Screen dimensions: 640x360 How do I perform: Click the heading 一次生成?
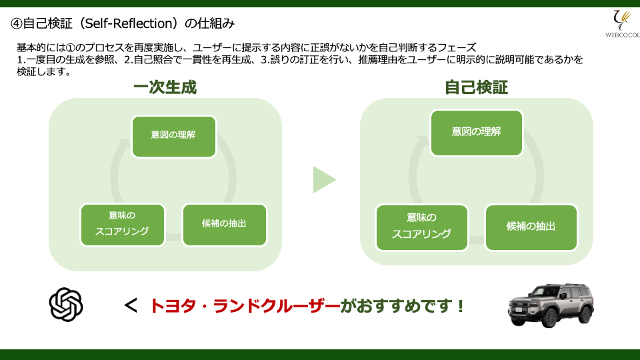coord(165,87)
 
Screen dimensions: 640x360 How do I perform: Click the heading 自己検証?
coord(476,87)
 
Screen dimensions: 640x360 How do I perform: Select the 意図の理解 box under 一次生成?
coord(174,136)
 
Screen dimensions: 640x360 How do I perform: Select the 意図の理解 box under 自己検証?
coord(476,133)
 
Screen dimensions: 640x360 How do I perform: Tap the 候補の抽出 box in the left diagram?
coord(225,225)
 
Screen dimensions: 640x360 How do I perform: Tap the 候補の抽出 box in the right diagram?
coord(531,227)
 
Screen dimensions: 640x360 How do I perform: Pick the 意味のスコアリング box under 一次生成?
coord(123,225)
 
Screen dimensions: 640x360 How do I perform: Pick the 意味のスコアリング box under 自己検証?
coord(421,227)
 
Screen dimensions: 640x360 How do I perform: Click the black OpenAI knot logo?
coord(66,305)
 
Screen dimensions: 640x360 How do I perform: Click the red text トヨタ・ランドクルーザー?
coord(245,306)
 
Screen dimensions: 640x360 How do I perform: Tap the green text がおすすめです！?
coord(403,306)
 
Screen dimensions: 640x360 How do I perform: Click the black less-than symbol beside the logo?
coord(131,306)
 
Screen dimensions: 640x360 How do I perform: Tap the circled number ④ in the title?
coord(16,24)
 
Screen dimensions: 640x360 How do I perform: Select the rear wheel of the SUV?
coord(587,314)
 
